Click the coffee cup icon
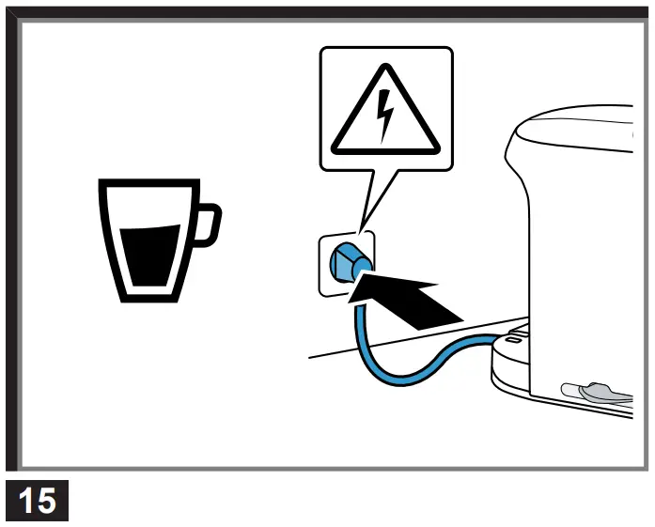tap(150, 240)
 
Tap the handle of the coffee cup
tap(209, 226)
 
